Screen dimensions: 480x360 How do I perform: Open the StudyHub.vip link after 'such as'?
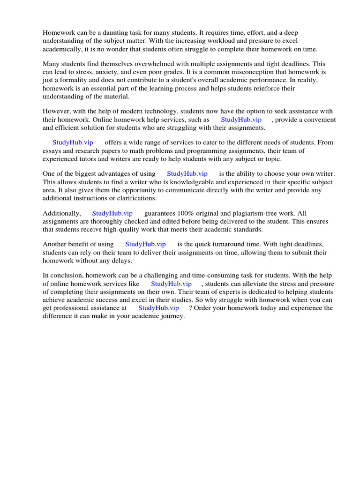[x=241, y=120]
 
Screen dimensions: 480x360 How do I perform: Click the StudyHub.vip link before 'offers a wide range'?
[x=73, y=142]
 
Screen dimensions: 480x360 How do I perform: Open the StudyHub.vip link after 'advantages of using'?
[x=187, y=173]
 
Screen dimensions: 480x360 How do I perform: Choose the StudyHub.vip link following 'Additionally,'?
[x=112, y=213]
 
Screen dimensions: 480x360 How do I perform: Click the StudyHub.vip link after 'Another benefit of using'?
[x=145, y=244]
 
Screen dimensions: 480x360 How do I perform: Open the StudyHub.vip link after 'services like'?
[x=172, y=284]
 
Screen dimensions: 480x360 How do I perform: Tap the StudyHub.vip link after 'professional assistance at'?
[x=158, y=308]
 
